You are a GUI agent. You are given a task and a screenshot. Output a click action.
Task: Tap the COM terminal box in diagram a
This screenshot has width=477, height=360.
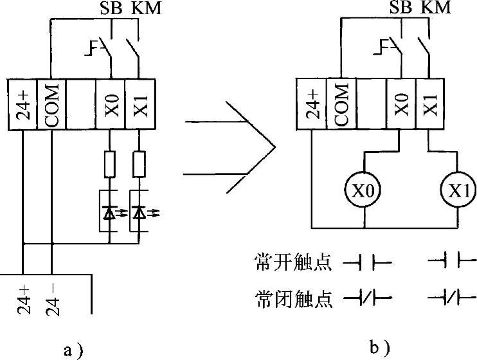(52, 105)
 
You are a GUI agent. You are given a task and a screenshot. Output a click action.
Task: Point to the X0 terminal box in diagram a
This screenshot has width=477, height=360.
(111, 105)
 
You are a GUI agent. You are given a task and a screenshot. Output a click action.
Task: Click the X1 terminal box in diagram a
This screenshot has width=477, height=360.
(139, 105)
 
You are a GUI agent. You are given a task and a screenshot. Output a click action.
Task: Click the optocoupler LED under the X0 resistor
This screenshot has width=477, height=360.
(111, 210)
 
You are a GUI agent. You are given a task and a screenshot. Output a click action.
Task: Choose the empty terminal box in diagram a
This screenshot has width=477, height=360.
(81, 105)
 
